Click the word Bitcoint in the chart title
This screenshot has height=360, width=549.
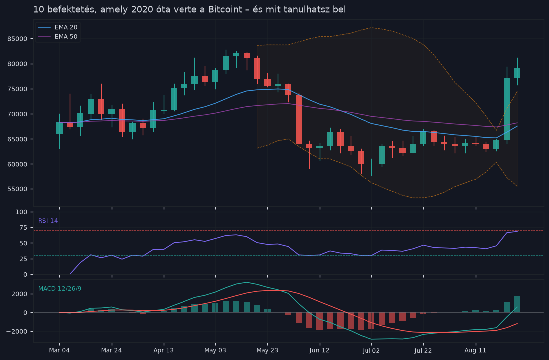tap(225, 9)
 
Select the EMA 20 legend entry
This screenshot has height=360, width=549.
tap(58, 27)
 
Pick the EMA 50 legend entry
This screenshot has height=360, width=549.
tap(58, 37)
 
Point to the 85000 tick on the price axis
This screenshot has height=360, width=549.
tap(17, 39)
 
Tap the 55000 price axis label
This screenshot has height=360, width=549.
tap(17, 189)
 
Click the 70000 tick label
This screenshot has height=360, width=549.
tap(17, 114)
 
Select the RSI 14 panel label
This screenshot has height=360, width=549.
tap(48, 221)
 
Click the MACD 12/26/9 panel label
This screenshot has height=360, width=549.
tap(60, 289)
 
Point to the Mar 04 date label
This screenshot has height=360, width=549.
tap(59, 350)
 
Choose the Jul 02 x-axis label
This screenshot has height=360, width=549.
tap(371, 350)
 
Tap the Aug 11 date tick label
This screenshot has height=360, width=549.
tap(475, 350)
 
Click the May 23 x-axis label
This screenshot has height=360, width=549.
tap(267, 350)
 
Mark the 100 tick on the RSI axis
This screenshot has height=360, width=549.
tap(22, 212)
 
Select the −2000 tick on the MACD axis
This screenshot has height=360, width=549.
tap(17, 331)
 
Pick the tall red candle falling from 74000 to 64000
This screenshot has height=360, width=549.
tap(299, 119)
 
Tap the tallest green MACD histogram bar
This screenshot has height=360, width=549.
tap(517, 304)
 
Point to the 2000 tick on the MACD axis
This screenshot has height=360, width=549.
tap(20, 294)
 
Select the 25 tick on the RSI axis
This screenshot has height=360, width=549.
tap(24, 259)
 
